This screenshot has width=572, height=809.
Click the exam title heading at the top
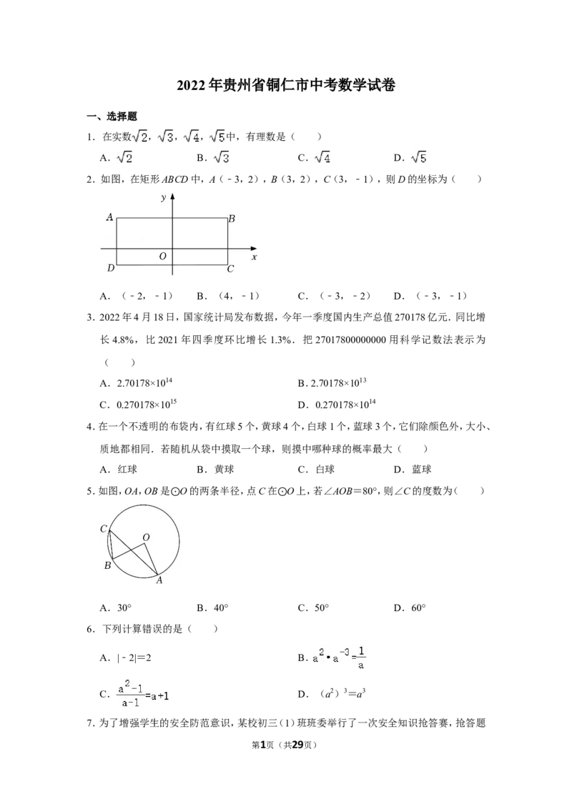[x=286, y=84]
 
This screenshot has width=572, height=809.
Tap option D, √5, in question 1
[x=410, y=157]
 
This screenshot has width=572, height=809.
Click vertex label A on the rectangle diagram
[x=109, y=217]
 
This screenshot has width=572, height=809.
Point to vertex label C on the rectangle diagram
[x=231, y=268]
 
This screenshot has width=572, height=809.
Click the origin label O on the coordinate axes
[x=162, y=257]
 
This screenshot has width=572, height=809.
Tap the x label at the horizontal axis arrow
[x=254, y=257]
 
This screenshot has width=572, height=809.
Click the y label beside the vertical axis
[x=163, y=198]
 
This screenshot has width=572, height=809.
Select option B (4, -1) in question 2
[x=228, y=296]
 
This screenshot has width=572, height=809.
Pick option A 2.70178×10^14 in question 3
[x=137, y=382]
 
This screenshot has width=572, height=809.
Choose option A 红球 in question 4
[x=119, y=469]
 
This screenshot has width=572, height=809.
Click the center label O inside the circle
[x=146, y=537]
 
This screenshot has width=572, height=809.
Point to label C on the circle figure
[x=103, y=529]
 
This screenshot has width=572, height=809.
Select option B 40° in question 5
[x=212, y=607]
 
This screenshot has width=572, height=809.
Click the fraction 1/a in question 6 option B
[x=361, y=658]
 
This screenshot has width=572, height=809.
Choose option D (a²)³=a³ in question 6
[x=332, y=694]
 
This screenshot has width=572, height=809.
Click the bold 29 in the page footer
[x=298, y=745]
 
